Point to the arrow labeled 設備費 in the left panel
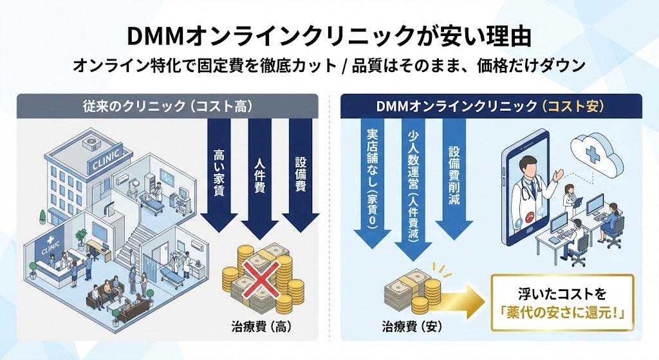coord(299,174)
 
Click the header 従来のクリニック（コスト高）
coord(167,106)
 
